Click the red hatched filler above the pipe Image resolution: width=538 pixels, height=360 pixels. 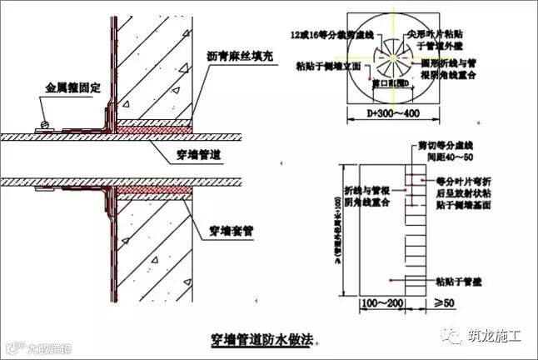click(x=151, y=127)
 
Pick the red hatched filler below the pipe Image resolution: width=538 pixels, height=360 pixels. click(x=151, y=191)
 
